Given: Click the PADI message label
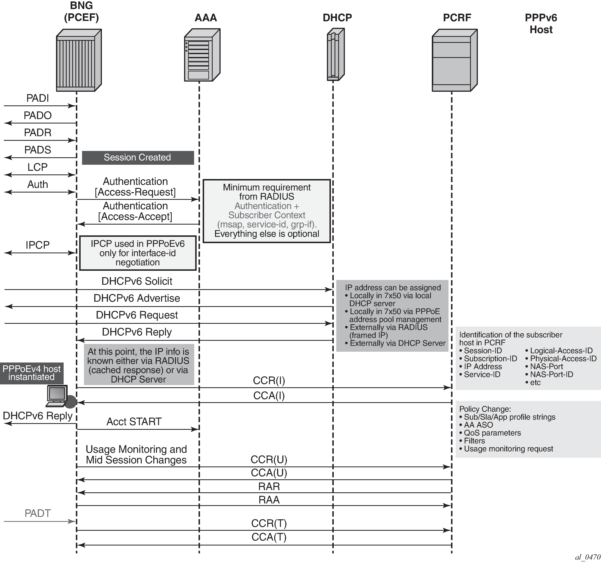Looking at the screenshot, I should pos(37,98).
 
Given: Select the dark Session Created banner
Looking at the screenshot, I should pos(138,157).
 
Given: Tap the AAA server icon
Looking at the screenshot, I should pos(202,55).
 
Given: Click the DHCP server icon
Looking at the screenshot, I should pos(335,54).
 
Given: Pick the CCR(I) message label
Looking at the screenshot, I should pos(269,381).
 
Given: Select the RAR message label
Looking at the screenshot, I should pos(269,486).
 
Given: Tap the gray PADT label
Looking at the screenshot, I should pos(37,513).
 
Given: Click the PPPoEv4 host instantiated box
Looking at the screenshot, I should pos(31,373).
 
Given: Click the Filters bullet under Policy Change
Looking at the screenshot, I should pos(474,441).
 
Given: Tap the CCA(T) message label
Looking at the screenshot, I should pos(269,537).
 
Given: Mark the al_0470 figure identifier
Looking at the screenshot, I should pos(587,557).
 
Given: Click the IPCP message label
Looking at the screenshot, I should pos(37,245).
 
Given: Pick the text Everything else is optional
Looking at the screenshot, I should pos(267,234).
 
